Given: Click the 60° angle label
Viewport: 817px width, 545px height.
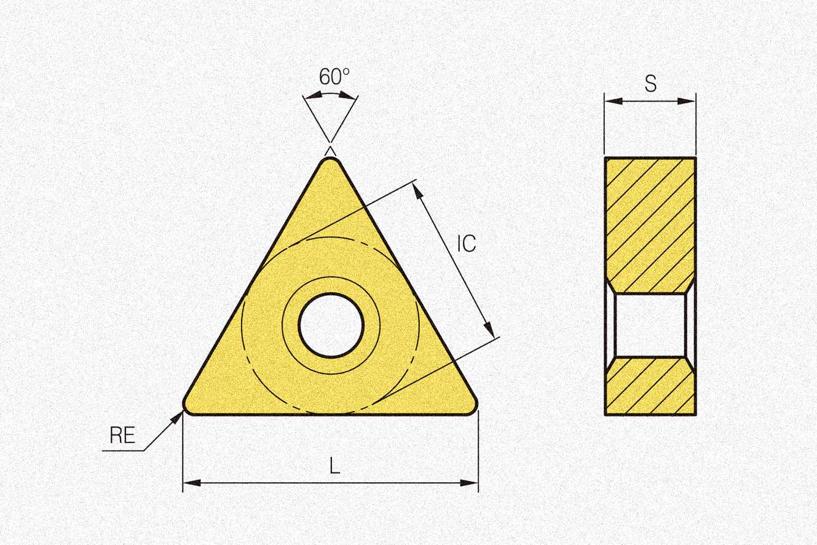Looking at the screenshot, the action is click(334, 76).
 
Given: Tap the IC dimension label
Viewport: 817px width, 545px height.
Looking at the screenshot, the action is click(467, 244).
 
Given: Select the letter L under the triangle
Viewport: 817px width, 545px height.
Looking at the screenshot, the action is click(334, 466).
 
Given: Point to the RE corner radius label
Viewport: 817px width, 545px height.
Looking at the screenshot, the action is click(122, 435).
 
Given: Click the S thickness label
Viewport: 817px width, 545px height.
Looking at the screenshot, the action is click(650, 83).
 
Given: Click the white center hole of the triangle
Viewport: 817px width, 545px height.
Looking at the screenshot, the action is click(331, 325).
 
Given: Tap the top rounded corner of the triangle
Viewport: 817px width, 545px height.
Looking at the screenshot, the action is click(331, 161).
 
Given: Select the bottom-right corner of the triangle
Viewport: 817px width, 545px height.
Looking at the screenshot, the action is click(472, 408).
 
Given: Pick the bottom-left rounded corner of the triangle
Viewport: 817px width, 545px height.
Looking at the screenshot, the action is click(188, 408).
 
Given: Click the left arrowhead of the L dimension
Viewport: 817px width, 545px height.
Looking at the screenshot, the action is click(192, 483).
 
